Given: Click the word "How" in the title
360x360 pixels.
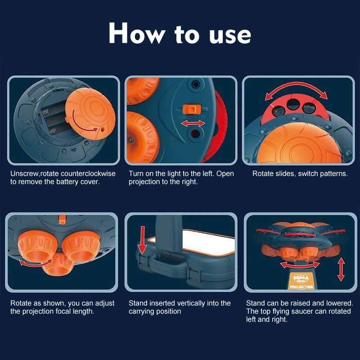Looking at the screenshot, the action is point(137,33).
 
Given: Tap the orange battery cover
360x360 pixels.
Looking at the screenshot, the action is point(90,114).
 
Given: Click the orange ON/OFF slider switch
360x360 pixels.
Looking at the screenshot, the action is point(192,109).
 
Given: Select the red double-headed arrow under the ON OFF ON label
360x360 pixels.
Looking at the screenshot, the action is point(193,123).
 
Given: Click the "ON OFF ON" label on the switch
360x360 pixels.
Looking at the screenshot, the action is point(193,117).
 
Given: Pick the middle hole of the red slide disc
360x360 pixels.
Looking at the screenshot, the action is point(293,104).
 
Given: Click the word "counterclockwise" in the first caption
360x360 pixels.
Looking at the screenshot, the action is point(88,174).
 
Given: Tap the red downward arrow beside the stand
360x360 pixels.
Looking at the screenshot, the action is point(142,240).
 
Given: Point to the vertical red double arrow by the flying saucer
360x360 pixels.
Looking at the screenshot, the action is point(341,269).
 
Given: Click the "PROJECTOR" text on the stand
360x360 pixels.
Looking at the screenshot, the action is point(301,287).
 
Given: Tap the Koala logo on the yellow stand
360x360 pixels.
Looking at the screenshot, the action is point(301,279).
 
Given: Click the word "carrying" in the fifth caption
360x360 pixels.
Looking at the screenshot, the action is point(144,311).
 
